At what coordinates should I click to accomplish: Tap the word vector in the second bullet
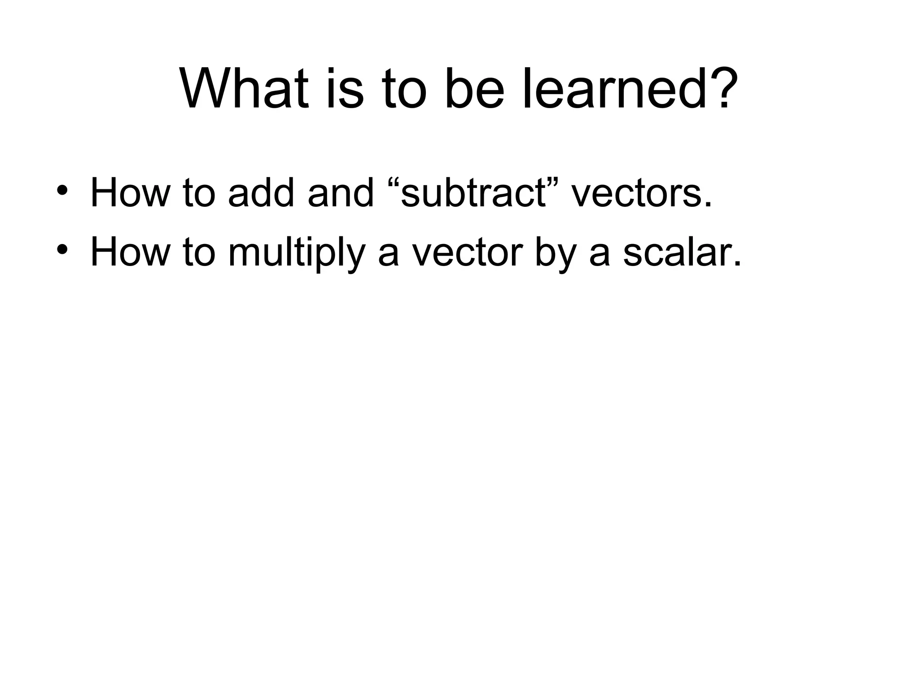coord(467,252)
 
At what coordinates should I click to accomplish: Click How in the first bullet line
coord(130,193)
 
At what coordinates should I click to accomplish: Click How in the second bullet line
coord(130,252)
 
